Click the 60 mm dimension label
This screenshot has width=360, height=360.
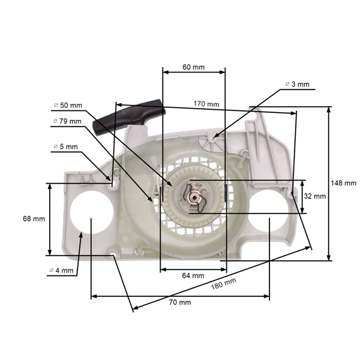194,67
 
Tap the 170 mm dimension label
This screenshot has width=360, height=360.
206,104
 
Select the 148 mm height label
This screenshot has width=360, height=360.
343,183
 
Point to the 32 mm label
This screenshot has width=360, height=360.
315,196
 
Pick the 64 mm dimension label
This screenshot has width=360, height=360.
193,275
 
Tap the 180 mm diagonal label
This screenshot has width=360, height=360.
223,285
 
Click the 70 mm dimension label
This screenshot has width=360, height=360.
180,302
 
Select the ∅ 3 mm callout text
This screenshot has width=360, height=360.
298,85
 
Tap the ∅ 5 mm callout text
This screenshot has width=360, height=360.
65,146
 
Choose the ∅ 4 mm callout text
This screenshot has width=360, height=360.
61,271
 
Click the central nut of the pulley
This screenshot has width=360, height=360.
194,196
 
